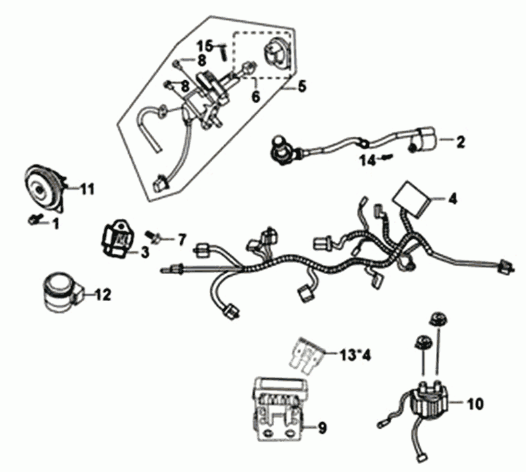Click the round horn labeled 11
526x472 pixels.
click(43, 186)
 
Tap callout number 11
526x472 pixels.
click(87, 190)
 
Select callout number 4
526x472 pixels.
click(453, 198)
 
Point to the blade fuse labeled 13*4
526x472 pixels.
click(307, 354)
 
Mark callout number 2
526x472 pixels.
click(460, 141)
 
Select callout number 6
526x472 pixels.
click(255, 97)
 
